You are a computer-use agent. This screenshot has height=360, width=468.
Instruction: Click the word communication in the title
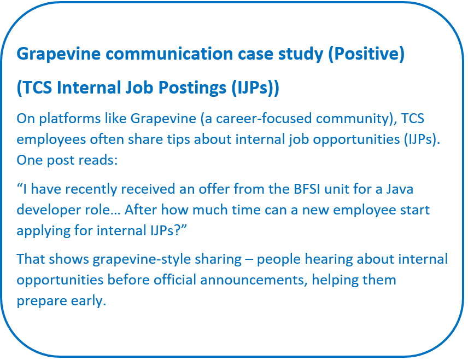169,54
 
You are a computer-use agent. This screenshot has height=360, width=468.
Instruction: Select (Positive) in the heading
366,54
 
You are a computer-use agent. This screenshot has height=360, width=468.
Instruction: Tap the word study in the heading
301,55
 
